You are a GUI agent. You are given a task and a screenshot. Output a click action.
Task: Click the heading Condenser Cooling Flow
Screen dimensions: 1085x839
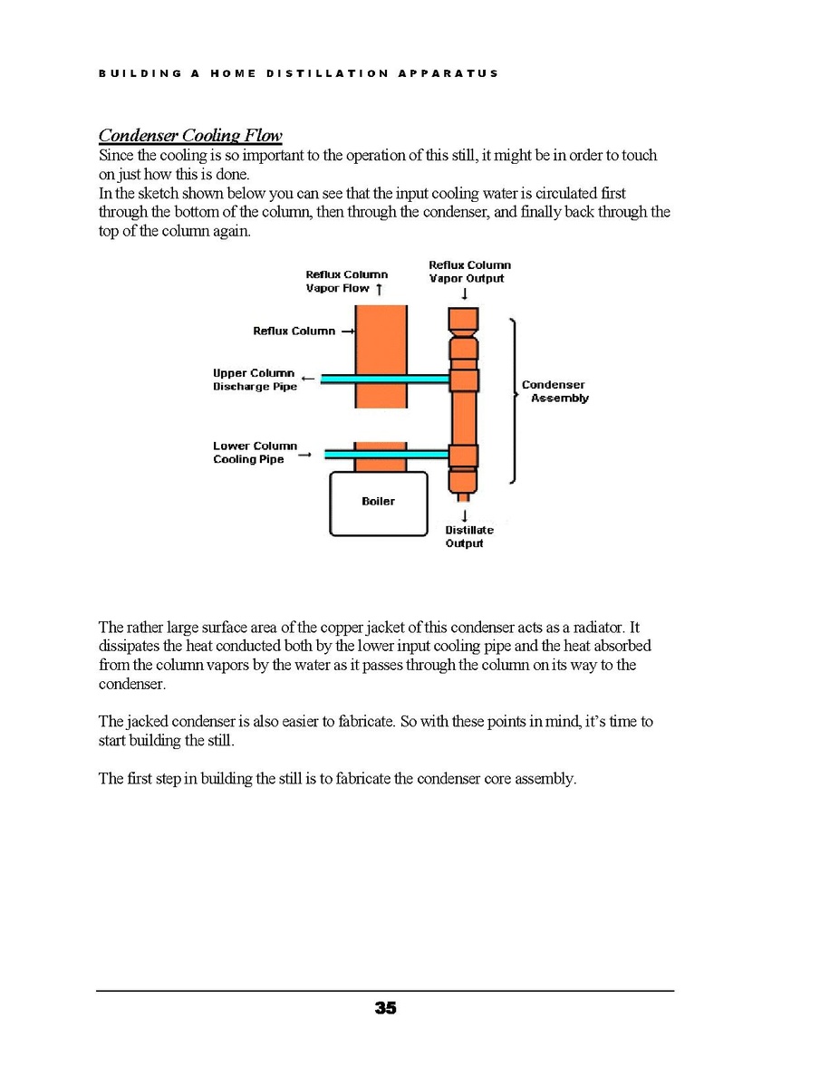click(190, 136)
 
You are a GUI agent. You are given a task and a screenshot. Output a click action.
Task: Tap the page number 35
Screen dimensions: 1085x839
click(385, 1008)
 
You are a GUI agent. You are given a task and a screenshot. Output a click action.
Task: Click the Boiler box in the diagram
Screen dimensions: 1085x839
click(378, 502)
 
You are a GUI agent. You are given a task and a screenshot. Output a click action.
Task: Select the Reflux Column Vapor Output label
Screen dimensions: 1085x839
click(469, 272)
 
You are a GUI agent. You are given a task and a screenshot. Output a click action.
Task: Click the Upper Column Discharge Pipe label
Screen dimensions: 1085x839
click(254, 379)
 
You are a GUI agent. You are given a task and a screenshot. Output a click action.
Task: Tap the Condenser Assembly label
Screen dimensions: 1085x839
click(554, 391)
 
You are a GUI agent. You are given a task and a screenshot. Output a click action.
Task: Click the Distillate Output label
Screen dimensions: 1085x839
click(468, 536)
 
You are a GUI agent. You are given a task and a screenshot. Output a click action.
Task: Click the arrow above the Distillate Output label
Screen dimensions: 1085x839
click(464, 514)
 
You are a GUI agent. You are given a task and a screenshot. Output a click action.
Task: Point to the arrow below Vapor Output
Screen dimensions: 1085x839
click(465, 293)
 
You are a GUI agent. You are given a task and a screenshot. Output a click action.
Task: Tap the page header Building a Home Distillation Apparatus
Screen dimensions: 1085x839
click(298, 73)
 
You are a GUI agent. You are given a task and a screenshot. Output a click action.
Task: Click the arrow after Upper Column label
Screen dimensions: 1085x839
click(308, 378)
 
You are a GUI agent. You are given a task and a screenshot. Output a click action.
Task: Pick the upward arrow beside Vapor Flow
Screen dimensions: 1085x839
click(379, 288)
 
